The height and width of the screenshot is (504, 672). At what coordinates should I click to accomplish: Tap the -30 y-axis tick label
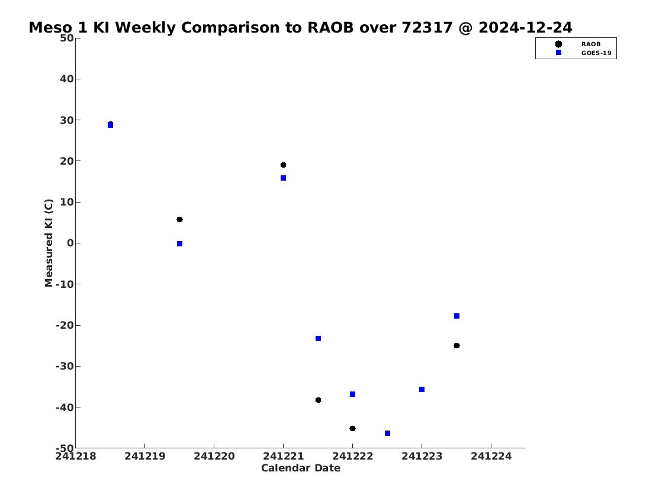[65, 367]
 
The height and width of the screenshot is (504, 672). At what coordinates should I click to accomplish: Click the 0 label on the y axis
[70, 243]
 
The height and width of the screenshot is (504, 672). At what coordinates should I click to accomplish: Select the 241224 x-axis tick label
[491, 456]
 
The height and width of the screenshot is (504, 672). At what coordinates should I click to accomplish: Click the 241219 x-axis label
[145, 456]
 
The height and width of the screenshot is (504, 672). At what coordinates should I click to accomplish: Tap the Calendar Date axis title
[301, 468]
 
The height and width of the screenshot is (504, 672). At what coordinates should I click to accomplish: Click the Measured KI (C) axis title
[49, 243]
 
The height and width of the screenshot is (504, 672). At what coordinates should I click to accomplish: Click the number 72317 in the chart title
[427, 28]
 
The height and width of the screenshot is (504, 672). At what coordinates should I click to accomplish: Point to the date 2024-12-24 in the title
[525, 28]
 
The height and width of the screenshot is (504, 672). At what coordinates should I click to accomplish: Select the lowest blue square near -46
[387, 434]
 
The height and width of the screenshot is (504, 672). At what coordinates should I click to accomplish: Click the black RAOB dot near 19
[283, 165]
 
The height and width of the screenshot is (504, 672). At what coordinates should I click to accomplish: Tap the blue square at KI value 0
[179, 244]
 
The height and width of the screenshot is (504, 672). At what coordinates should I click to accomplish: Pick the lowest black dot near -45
[352, 429]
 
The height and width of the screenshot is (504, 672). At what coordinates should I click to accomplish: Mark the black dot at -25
[457, 345]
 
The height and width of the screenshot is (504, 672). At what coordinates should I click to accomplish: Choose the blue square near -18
[457, 316]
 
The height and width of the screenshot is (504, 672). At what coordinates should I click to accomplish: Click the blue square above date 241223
[422, 390]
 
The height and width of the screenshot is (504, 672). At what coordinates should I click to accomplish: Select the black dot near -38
[318, 400]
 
